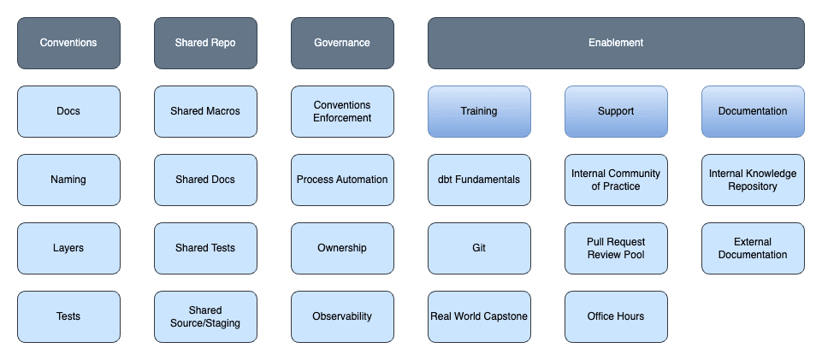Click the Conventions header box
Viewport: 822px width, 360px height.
pyautogui.click(x=68, y=43)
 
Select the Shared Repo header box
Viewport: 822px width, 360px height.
pyautogui.click(x=205, y=43)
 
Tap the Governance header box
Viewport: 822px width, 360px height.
pyautogui.click(x=342, y=43)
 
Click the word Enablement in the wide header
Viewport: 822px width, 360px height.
pyautogui.click(x=616, y=43)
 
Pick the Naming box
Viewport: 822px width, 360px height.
pyautogui.click(x=68, y=180)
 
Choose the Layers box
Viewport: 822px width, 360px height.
pyautogui.click(x=68, y=248)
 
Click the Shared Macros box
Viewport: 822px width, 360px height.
pyautogui.click(x=205, y=112)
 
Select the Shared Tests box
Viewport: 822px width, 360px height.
pyautogui.click(x=205, y=248)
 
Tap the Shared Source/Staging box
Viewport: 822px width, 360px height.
pyautogui.click(x=205, y=317)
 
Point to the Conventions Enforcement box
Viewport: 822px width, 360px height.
pyautogui.click(x=342, y=112)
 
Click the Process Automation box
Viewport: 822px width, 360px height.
pyautogui.click(x=342, y=180)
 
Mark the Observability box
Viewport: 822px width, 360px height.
pyautogui.click(x=342, y=317)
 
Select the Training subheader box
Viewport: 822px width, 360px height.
pyautogui.click(x=479, y=112)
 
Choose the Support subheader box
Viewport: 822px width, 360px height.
pyautogui.click(x=616, y=112)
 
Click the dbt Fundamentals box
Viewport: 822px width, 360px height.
pyautogui.click(x=479, y=180)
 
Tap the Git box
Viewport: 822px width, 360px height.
pyautogui.click(x=479, y=248)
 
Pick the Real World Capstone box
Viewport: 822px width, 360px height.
pyautogui.click(x=479, y=317)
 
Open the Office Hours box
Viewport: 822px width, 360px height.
pyautogui.click(x=616, y=317)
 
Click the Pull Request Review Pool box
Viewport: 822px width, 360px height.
pyautogui.click(x=616, y=248)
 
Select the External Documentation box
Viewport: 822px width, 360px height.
pyautogui.click(x=753, y=248)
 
